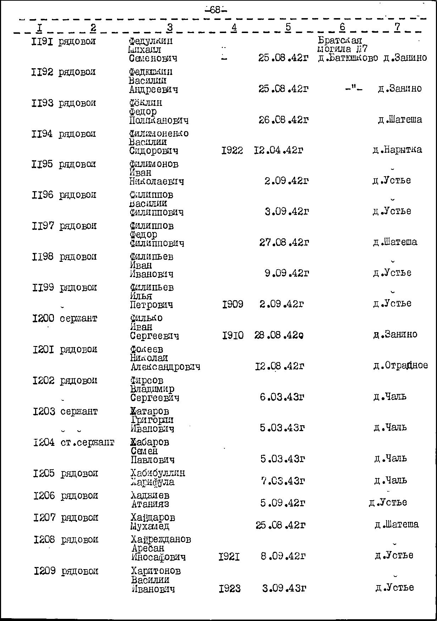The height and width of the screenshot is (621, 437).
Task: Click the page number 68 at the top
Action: point(215,10)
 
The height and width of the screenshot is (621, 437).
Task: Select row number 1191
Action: point(42,42)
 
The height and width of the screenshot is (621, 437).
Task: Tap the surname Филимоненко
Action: point(159,134)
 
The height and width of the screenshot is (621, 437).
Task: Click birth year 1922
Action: point(232,151)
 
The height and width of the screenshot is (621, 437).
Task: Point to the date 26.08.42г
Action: point(283,120)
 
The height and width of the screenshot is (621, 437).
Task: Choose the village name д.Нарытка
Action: point(397,150)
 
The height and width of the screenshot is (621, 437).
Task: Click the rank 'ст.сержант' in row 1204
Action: point(87,443)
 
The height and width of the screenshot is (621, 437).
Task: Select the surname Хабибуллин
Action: point(157,473)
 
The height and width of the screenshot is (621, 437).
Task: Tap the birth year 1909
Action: point(232,304)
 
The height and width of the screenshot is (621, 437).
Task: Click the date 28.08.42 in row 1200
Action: point(279,335)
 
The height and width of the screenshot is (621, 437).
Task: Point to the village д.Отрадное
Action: point(400,366)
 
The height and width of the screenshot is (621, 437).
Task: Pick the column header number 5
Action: point(288,27)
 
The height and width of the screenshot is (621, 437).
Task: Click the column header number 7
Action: point(397,27)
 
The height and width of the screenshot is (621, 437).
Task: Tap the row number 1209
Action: point(45,571)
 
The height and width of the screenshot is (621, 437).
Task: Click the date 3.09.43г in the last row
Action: point(284,588)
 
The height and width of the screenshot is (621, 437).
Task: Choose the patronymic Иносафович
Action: point(158,557)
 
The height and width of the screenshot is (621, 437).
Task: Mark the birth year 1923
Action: point(229,589)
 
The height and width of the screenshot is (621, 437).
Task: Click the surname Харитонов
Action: point(156,571)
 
